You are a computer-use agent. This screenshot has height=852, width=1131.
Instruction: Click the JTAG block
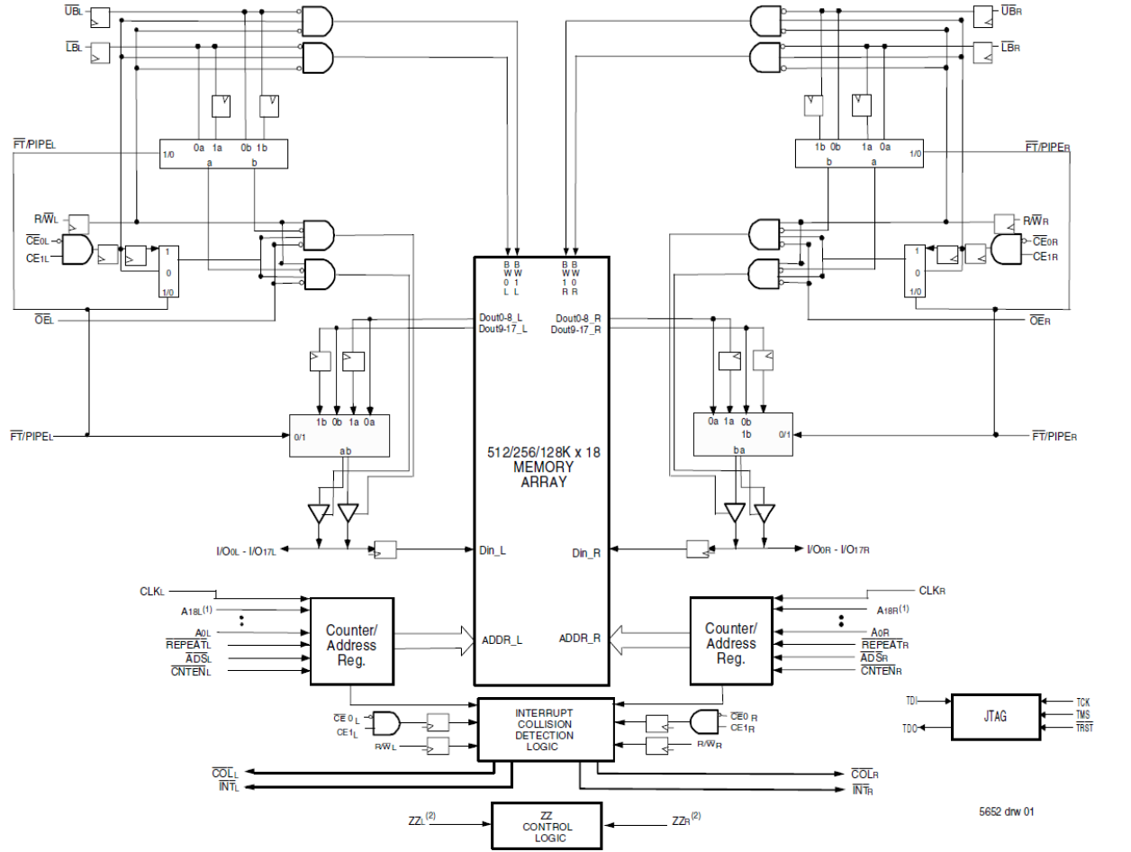[x=994, y=717]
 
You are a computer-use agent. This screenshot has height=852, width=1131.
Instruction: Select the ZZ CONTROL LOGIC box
[x=547, y=827]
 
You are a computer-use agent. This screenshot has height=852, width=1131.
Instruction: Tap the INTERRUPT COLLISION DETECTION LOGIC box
[x=543, y=730]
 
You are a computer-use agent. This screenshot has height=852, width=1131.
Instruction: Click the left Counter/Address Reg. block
[x=352, y=641]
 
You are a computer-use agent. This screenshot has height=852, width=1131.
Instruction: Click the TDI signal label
[x=911, y=701]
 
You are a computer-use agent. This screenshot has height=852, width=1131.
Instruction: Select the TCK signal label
[x=1081, y=702]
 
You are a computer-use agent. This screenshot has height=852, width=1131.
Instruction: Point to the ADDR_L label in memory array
[x=502, y=640]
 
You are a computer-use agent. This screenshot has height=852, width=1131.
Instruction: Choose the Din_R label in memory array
[x=585, y=552]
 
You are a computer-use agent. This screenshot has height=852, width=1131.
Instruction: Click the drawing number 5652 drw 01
[x=1007, y=812]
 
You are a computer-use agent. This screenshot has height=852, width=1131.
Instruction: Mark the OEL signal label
[x=42, y=321]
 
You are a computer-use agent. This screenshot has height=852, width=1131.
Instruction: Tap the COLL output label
[x=224, y=774]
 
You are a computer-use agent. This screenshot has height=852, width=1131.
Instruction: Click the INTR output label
[x=862, y=791]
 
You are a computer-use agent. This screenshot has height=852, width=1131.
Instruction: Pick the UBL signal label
[x=73, y=12]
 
